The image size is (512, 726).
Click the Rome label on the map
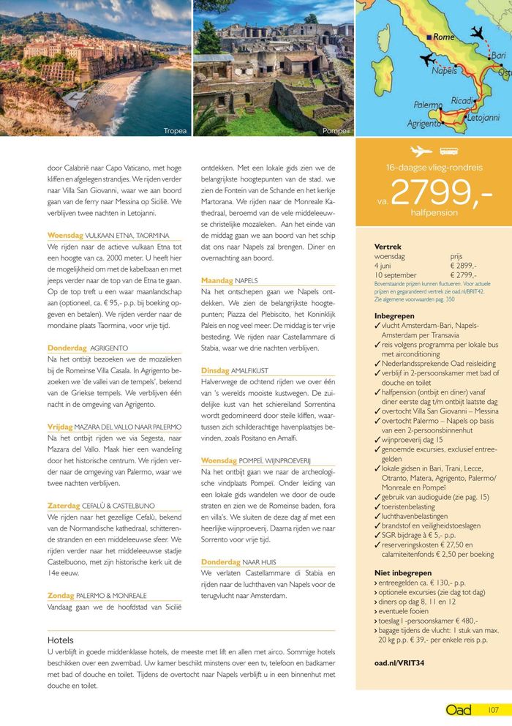[x=443, y=37]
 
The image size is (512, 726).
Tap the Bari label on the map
[x=498, y=56]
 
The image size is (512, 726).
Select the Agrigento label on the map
[x=423, y=124]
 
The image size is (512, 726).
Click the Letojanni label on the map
[x=483, y=117]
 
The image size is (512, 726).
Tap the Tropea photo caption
[x=176, y=131]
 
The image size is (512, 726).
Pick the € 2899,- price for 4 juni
[x=463, y=266]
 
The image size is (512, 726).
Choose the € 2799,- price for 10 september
[x=463, y=274]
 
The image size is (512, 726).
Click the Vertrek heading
[x=388, y=247]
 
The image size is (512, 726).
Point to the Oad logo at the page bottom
[x=459, y=710]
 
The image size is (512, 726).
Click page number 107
[x=494, y=710]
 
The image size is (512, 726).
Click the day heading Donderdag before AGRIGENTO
[x=67, y=348]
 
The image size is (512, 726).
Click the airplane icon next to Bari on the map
[x=477, y=34]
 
